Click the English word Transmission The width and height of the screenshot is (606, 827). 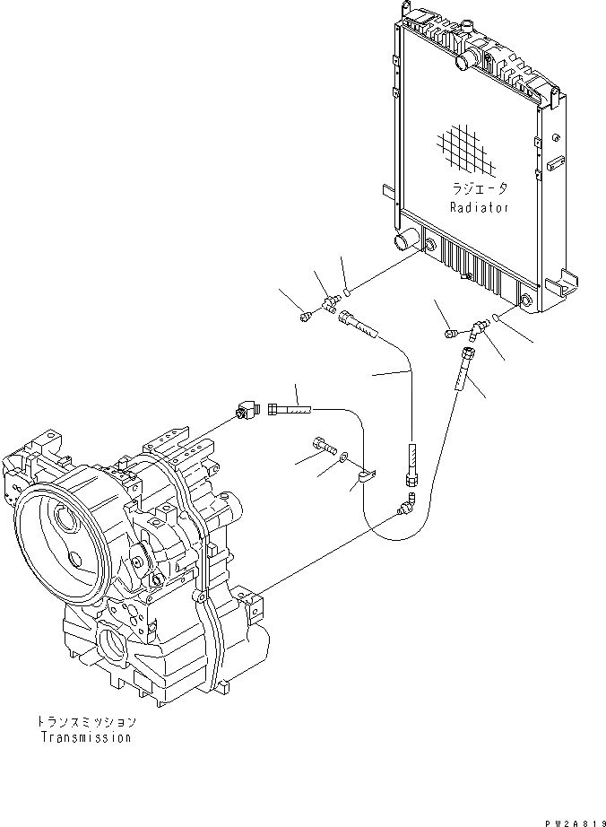[86, 737]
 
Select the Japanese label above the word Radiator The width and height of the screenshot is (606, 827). [480, 189]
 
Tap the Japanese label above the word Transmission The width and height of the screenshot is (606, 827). [87, 721]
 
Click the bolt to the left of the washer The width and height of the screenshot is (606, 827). [324, 444]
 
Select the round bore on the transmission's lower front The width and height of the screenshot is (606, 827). [118, 647]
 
